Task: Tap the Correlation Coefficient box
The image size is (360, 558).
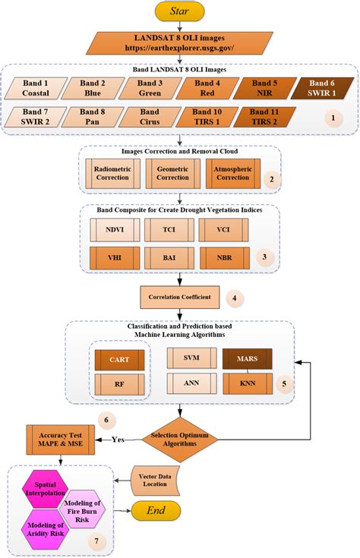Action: point(179,297)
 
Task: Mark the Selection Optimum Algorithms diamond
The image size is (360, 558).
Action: point(180,438)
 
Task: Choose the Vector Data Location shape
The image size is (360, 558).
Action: point(159,479)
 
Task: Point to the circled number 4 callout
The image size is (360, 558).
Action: point(238,298)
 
